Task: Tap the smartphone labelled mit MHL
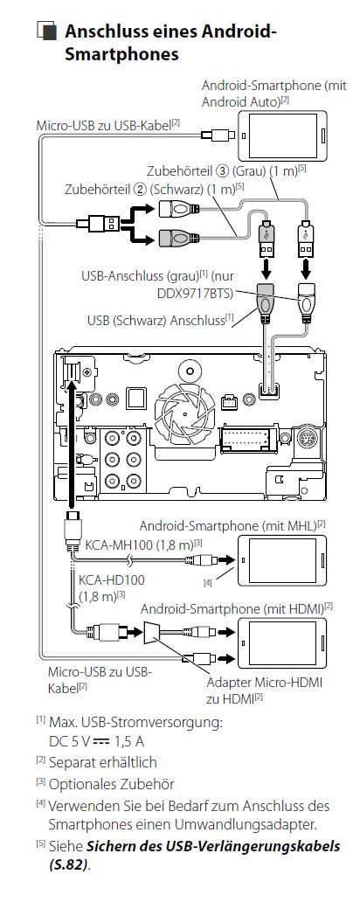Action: [282, 560]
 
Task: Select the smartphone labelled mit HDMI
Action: [282, 643]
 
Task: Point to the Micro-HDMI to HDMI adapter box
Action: [154, 631]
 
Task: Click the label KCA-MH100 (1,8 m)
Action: [144, 545]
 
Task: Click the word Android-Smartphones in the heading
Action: [121, 54]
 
